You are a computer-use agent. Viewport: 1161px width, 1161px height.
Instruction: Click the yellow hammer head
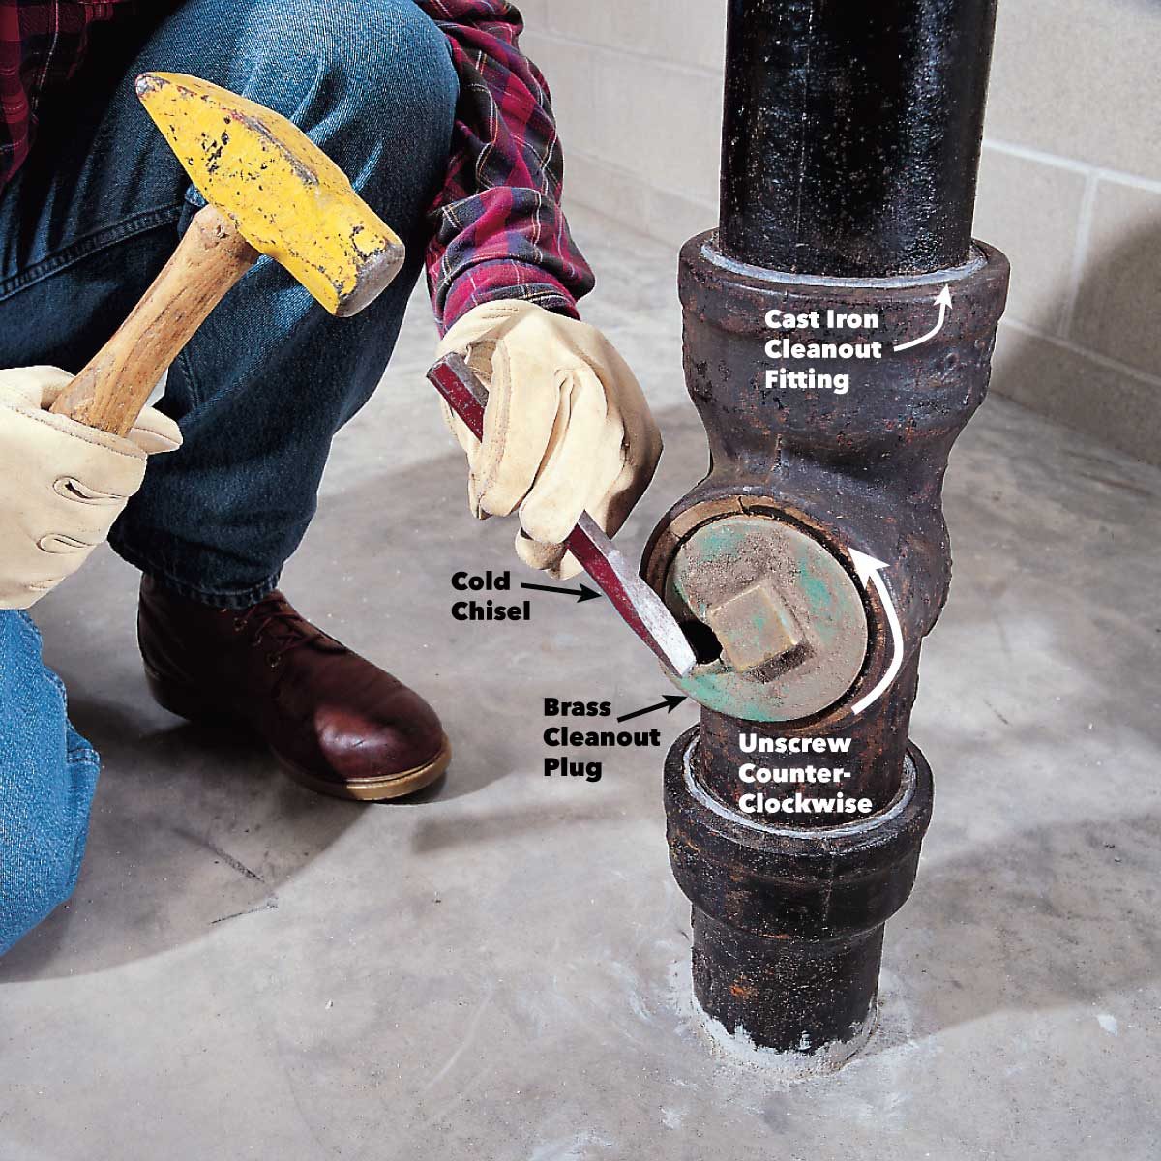[x=261, y=184]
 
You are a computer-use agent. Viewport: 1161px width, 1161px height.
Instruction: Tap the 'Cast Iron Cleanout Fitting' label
[x=822, y=348]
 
